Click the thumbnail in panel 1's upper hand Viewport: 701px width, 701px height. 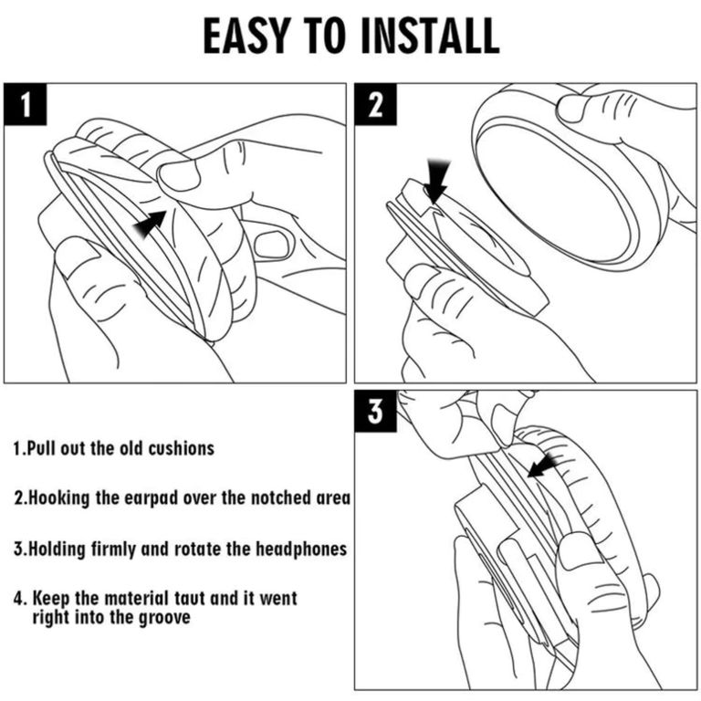[179, 174]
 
